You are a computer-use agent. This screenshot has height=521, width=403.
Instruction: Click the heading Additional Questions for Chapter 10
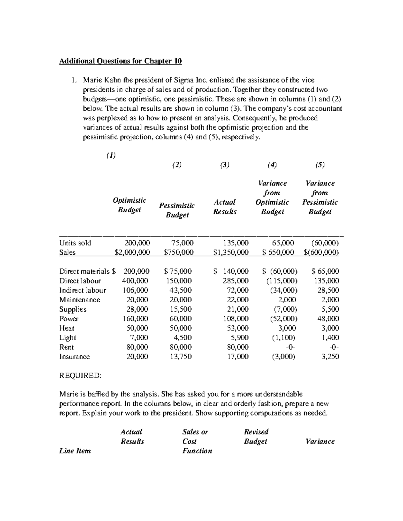tap(120, 61)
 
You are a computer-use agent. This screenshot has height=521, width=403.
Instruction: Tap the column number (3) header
tap(225, 165)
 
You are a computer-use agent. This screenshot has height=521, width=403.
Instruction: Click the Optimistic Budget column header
tap(129, 205)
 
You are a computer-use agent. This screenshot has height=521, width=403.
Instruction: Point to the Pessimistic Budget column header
tap(177, 210)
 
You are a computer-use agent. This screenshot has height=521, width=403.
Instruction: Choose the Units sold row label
tap(75, 243)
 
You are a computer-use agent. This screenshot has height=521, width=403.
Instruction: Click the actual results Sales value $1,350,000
tap(231, 252)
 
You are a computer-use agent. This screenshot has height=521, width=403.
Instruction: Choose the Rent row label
tap(66, 347)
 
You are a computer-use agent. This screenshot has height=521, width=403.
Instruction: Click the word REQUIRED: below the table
tap(80, 375)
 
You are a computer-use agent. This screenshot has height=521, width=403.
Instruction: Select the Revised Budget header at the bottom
tap(256, 436)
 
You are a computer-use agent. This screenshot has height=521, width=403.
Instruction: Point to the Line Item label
tap(75, 451)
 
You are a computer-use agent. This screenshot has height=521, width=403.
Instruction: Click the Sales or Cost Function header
tap(197, 441)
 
